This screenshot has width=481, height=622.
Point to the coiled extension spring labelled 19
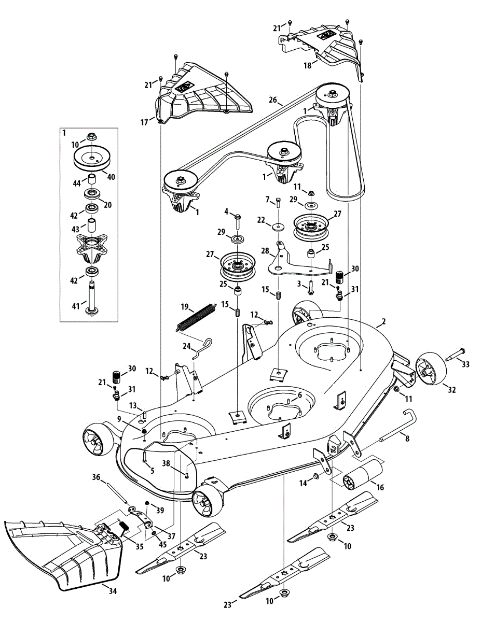[x=196, y=317]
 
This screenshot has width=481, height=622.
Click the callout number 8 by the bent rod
[x=407, y=439]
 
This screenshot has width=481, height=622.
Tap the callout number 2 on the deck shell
[x=383, y=322]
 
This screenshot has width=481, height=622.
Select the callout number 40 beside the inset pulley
[x=111, y=177]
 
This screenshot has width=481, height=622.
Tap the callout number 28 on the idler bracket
[x=265, y=250]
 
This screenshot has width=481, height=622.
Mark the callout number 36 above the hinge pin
[x=95, y=477]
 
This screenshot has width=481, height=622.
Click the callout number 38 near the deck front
[x=166, y=463]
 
